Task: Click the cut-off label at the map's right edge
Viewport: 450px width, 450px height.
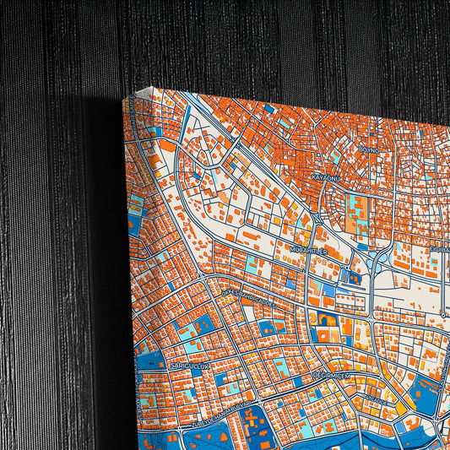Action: pos(440,249)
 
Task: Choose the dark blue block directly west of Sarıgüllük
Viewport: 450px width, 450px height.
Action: pos(152,361)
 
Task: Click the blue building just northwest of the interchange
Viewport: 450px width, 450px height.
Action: pos(347,275)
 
